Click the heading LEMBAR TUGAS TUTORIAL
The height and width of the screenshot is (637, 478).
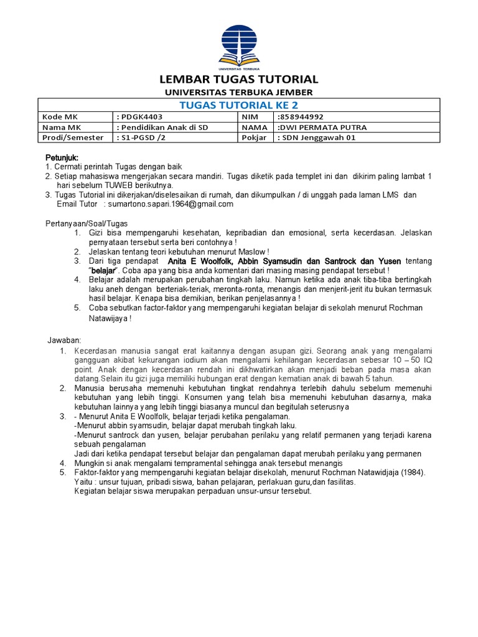239,80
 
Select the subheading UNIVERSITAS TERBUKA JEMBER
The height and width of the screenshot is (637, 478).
239,92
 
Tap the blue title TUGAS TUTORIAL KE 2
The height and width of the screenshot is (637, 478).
239,105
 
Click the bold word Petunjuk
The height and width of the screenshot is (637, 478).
62,157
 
